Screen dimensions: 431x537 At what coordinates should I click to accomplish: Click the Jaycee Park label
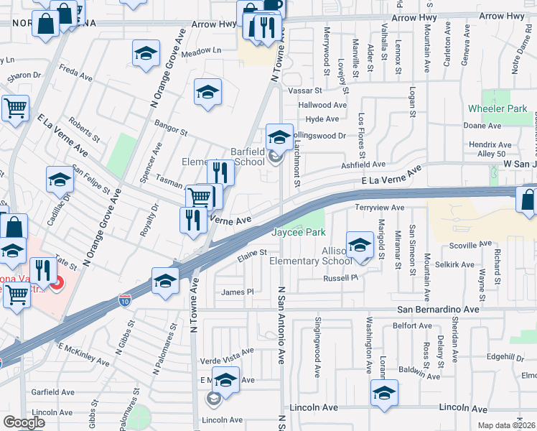point(299,232)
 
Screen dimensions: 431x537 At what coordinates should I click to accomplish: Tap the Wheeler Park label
point(498,108)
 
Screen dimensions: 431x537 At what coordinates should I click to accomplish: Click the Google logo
point(24,422)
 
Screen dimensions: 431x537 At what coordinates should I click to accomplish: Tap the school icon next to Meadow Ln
point(146,52)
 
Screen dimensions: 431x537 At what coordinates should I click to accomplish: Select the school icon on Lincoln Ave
point(384,392)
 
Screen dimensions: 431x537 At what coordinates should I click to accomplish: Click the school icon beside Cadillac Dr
point(60,180)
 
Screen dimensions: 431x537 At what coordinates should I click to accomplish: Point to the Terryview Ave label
point(380,208)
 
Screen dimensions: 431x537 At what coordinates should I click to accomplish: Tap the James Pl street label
point(238,292)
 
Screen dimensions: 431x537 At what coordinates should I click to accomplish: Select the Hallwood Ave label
point(322,105)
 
